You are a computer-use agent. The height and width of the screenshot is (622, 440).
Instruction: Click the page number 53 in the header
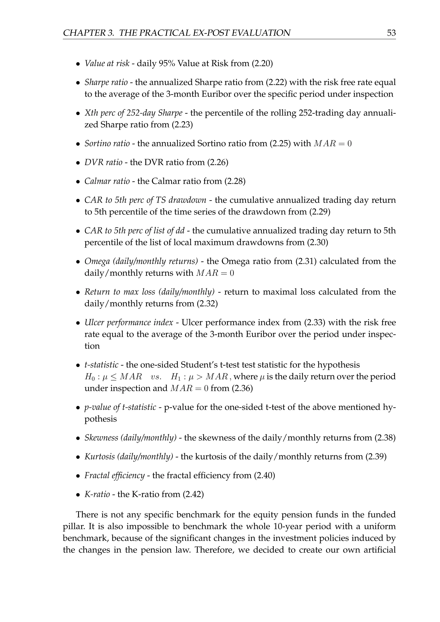pos(391,33)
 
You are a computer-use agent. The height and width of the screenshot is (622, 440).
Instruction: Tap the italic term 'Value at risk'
pos(107,63)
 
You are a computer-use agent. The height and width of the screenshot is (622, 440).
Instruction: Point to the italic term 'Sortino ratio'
pos(107,143)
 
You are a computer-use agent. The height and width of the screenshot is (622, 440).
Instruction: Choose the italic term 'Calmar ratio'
pos(107,181)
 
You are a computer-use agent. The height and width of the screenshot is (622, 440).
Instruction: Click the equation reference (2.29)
pos(320,212)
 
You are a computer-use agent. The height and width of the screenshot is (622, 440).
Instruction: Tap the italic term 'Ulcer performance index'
pos(129,322)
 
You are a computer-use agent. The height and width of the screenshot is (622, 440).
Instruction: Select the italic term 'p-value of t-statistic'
pos(120,407)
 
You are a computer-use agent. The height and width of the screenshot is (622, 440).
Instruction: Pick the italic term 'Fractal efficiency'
pos(114,476)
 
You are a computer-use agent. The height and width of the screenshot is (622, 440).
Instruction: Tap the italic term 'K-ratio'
pos(97,494)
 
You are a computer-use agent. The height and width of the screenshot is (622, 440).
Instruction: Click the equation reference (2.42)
pos(193,494)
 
